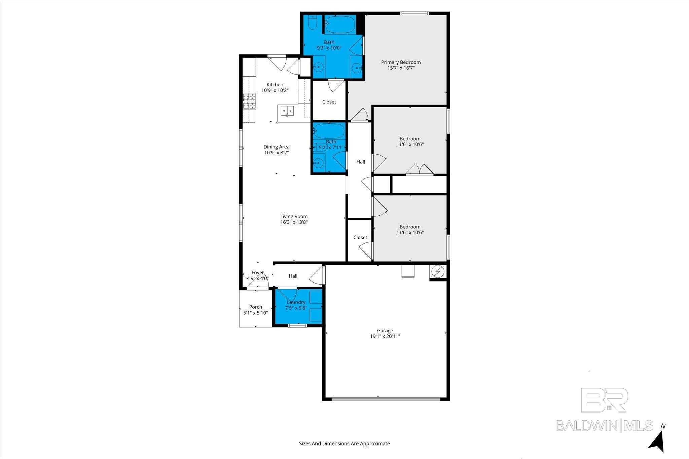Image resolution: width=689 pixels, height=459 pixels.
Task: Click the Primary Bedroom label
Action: (401, 62)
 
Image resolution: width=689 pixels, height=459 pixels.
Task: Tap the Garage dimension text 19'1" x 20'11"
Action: (385, 336)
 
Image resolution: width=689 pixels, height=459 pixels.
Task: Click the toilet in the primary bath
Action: (313, 22)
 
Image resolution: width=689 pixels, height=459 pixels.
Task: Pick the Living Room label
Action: (294, 216)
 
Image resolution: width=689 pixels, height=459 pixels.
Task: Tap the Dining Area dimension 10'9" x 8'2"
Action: (277, 153)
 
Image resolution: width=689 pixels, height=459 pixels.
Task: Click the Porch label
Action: (256, 307)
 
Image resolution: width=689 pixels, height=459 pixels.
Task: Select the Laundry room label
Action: (296, 302)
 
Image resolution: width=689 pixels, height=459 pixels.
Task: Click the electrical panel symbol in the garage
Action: (438, 272)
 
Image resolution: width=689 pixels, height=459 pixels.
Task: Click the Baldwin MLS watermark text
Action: (604, 425)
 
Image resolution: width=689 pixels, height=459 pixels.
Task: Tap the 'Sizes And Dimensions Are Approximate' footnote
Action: (344, 444)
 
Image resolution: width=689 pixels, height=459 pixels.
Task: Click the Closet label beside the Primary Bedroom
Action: (329, 102)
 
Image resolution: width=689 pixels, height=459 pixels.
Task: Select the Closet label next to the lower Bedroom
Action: (360, 238)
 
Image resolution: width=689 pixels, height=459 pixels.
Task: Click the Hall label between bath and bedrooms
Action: (361, 162)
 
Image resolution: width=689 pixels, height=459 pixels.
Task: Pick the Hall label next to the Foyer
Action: (293, 276)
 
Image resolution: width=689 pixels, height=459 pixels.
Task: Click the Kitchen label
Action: (275, 85)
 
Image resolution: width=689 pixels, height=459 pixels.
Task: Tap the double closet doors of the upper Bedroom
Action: (420, 169)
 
